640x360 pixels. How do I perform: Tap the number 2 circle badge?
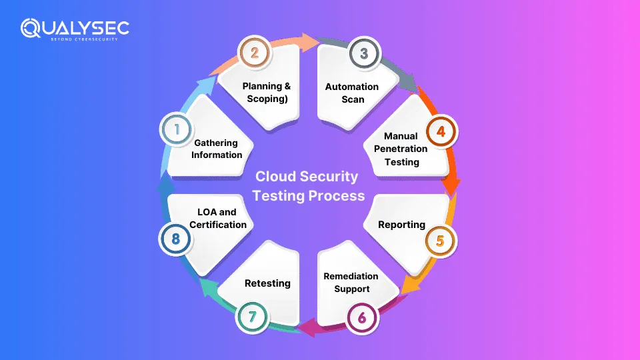coord(254,53)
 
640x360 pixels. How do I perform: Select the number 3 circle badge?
coord(363,53)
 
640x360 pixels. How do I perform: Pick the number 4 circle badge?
coord(441,131)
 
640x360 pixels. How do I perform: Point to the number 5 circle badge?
coord(439,240)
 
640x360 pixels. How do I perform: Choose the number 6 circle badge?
coord(362,317)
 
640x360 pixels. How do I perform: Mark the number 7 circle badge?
coord(253,317)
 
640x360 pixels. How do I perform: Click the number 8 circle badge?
coord(176,239)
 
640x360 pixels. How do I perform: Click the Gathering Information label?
coord(217,149)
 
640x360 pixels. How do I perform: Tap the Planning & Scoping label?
coord(267,93)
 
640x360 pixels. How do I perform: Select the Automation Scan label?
coord(352,93)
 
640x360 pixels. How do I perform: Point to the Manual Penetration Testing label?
coord(401,149)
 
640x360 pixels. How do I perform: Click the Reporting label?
coord(401,224)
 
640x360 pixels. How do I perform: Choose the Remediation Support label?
coord(351,282)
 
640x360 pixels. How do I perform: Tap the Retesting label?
coord(268,283)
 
